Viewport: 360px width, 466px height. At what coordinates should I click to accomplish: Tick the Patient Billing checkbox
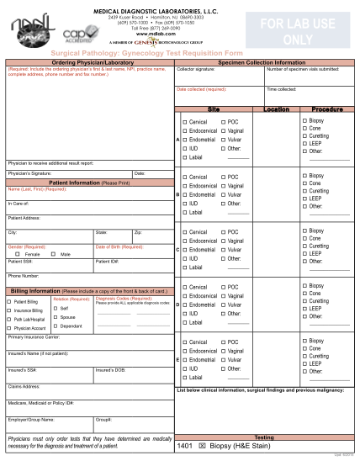[11, 301]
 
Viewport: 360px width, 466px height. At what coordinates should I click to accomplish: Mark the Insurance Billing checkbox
[11, 310]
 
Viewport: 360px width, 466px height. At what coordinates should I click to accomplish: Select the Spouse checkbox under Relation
[56, 317]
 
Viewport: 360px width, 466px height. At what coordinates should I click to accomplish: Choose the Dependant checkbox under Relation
[56, 326]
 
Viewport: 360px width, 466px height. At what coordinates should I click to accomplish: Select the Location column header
[276, 109]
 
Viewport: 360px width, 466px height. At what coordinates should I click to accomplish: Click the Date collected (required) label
[201, 89]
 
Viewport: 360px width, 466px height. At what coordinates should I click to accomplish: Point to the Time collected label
[281, 89]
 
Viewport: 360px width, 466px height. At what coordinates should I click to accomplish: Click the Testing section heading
[263, 437]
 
